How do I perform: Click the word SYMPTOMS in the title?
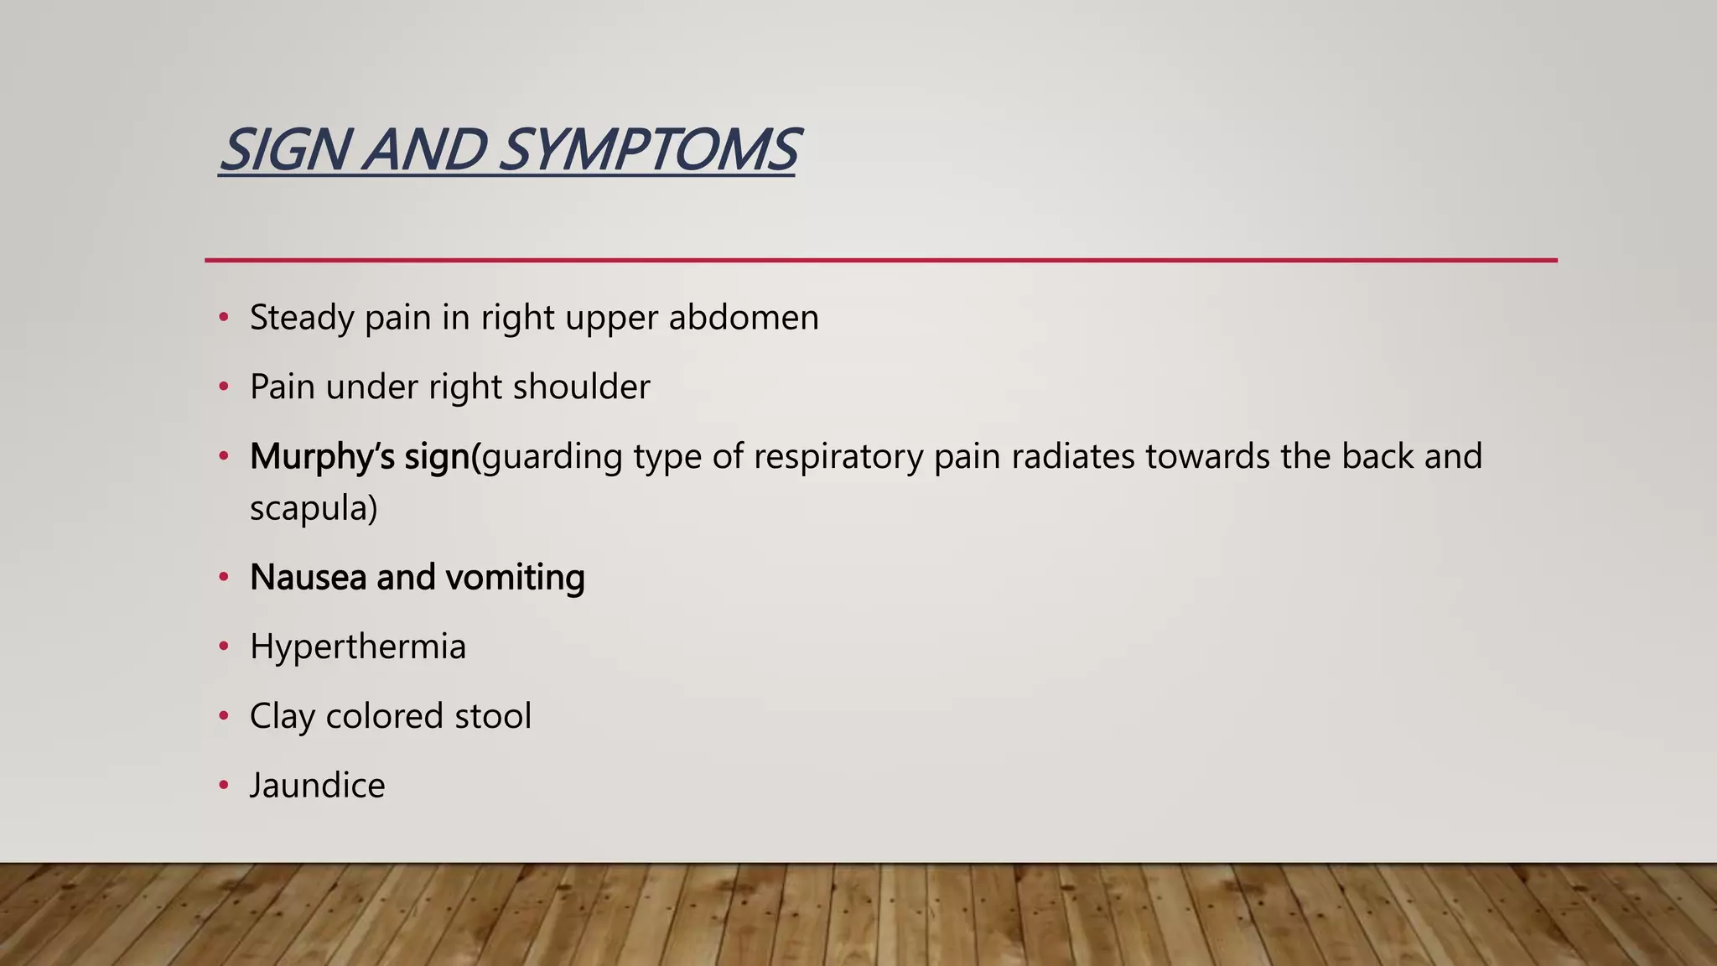click(648, 150)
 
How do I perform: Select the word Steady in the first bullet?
click(301, 319)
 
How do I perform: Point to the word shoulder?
click(581, 387)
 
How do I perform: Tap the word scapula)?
click(313, 508)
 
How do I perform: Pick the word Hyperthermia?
click(357, 647)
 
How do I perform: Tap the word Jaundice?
click(317, 787)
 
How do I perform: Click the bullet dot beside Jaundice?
click(223, 786)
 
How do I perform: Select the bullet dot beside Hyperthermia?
click(223, 647)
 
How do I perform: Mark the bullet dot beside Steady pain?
click(223, 318)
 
